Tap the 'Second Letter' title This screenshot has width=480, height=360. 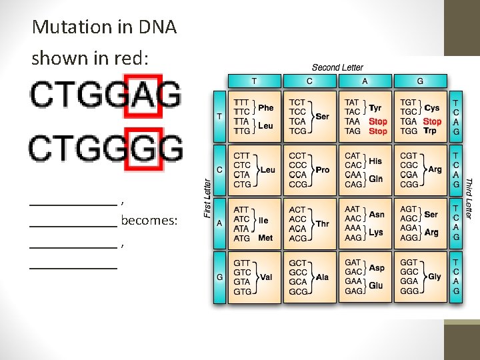pos(337,67)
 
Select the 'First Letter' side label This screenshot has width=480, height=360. pos(207,197)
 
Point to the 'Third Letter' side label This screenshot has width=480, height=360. pos(469,197)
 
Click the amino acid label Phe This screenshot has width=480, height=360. pos(265,107)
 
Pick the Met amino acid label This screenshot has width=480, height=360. pos(265,238)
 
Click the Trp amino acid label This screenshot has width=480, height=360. pos(430,131)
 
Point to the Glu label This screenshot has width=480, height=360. pos(376,286)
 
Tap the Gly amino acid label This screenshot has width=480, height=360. pos(435,277)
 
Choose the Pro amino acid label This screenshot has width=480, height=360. pos(323,170)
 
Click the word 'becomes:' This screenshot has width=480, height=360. pos(149,221)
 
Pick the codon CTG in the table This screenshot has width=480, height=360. pos(242,184)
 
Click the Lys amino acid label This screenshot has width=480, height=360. pos(376,233)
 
